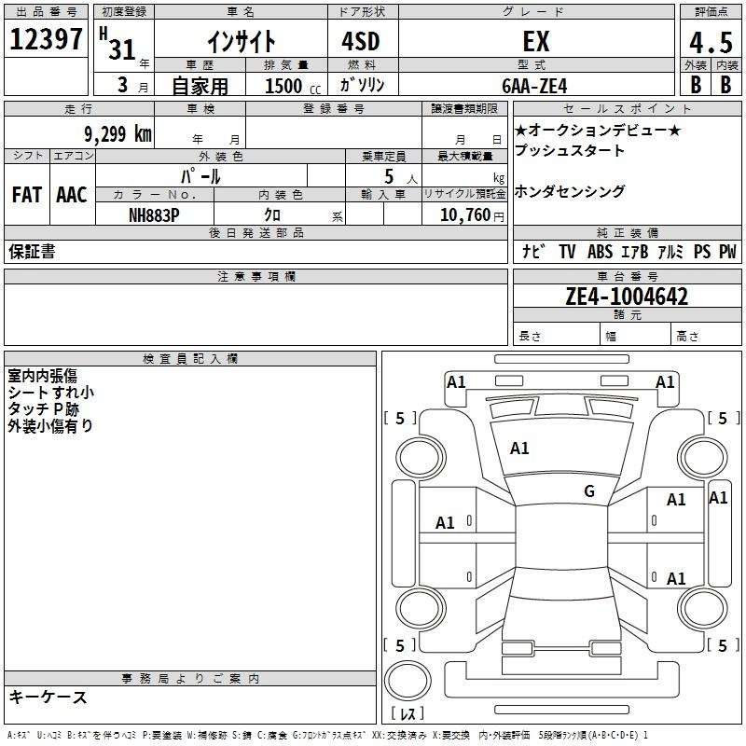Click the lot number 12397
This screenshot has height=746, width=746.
click(x=46, y=41)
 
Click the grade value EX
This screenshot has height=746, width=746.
click(x=536, y=42)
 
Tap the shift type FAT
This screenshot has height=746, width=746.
click(x=27, y=195)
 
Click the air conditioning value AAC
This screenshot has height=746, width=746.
click(x=72, y=195)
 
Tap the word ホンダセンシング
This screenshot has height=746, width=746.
click(x=570, y=191)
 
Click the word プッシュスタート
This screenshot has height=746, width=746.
click(x=570, y=150)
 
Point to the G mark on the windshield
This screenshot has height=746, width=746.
click(x=588, y=491)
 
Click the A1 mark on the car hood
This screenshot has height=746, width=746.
click(x=519, y=449)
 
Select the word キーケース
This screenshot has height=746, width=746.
click(x=48, y=697)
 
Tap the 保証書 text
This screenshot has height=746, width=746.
click(x=32, y=252)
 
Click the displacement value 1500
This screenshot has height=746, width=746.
click(x=283, y=86)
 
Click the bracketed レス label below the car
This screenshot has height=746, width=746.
click(x=408, y=714)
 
